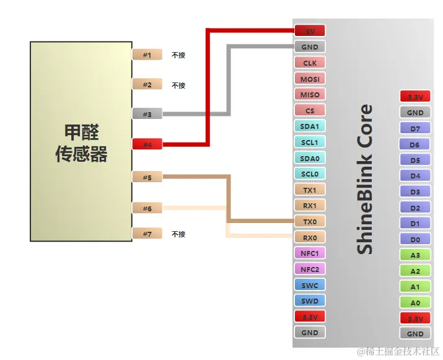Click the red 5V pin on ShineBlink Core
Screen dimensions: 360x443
[309, 30]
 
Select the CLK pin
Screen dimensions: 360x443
[309, 63]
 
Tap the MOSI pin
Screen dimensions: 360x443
[309, 79]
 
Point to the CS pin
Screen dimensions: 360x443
[309, 110]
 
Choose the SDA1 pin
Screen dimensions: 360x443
[309, 126]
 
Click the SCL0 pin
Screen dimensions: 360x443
[309, 174]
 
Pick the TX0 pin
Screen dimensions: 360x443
[309, 221]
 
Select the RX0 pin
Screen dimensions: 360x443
[309, 237]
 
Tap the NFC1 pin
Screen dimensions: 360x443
[309, 253]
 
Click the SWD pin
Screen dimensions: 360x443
[309, 301]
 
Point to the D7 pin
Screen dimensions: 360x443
[414, 128]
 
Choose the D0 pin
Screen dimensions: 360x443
[414, 239]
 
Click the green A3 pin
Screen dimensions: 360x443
[414, 255]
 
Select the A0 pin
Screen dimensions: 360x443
[414, 302]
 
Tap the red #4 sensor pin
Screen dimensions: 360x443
[147, 144]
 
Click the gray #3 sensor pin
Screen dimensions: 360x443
[147, 114]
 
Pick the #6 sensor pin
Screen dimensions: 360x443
[147, 208]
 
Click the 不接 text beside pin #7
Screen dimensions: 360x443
[178, 234]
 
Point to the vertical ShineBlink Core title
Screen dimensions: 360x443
[366, 179]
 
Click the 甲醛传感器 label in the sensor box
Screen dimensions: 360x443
[81, 143]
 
